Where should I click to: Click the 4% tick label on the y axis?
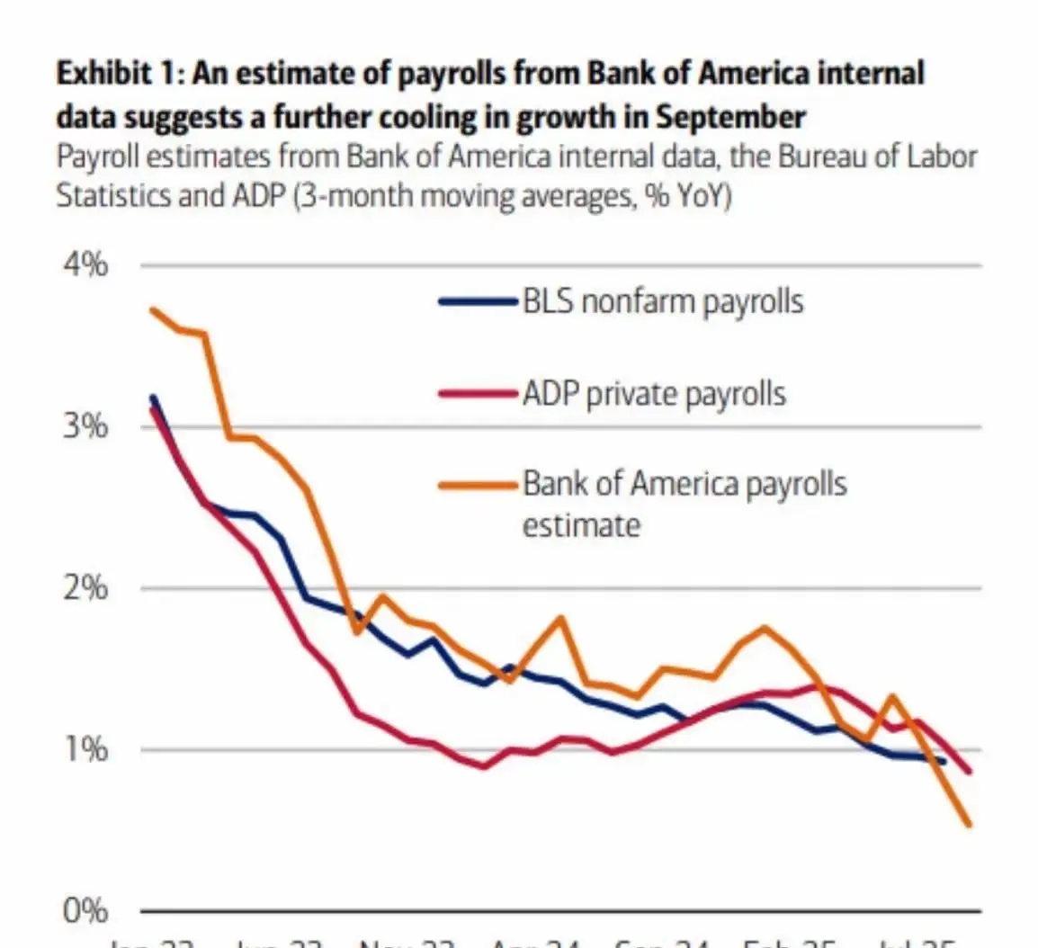[x=85, y=265]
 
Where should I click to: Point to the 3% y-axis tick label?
[x=85, y=425]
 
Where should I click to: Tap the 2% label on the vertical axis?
[x=85, y=588]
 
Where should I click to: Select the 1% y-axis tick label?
[x=85, y=748]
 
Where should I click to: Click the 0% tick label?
[x=85, y=911]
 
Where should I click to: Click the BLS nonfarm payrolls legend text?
[x=663, y=301]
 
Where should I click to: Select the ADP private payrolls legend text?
[x=654, y=394]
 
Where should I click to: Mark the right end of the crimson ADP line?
[x=970, y=772]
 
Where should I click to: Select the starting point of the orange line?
[x=152, y=310]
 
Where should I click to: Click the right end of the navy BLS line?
[x=944, y=762]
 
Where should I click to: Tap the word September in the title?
[x=729, y=117]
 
